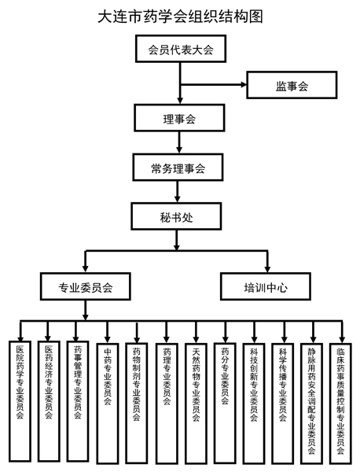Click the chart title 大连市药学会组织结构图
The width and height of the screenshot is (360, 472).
[180, 16]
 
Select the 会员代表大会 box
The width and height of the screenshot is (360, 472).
[181, 49]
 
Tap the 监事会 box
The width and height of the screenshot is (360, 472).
[292, 85]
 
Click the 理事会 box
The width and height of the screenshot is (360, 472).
[179, 118]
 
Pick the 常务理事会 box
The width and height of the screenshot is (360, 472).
[178, 168]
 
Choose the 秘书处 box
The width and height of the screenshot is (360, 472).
[176, 216]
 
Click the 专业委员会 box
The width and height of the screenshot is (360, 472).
[86, 286]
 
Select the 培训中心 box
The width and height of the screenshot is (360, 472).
[266, 286]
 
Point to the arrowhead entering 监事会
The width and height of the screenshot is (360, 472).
[244, 85]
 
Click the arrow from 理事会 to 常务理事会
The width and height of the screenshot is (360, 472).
[179, 142]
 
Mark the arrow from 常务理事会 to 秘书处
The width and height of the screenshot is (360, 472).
[178, 191]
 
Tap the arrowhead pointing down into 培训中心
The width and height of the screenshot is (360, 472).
[267, 269]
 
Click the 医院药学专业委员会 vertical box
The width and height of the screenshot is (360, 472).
[20, 401]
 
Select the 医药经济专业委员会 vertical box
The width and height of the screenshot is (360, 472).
[49, 401]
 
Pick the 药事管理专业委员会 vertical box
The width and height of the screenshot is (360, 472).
[78, 401]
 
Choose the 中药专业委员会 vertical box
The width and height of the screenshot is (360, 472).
[108, 404]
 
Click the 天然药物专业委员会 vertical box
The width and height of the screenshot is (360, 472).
[196, 404]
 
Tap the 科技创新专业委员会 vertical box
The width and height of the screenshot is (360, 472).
[254, 404]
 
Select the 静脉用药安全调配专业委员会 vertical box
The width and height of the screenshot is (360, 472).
[312, 404]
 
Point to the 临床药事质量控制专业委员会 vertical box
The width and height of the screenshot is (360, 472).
[341, 404]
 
